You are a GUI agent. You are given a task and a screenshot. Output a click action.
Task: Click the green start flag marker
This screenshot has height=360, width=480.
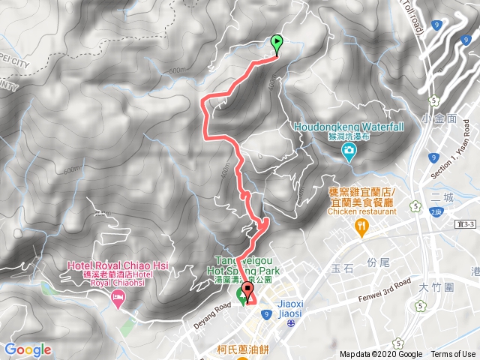pos(277,43)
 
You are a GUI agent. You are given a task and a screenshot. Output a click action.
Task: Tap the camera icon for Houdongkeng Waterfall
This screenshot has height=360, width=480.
pos(349,153)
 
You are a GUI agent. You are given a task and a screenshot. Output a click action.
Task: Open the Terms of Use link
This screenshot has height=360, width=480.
pos(452,355)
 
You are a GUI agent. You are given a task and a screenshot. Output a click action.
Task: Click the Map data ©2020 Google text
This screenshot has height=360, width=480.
pos(380,355)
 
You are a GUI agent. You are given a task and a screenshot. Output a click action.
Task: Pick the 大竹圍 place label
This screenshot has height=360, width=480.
pos(454,287)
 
